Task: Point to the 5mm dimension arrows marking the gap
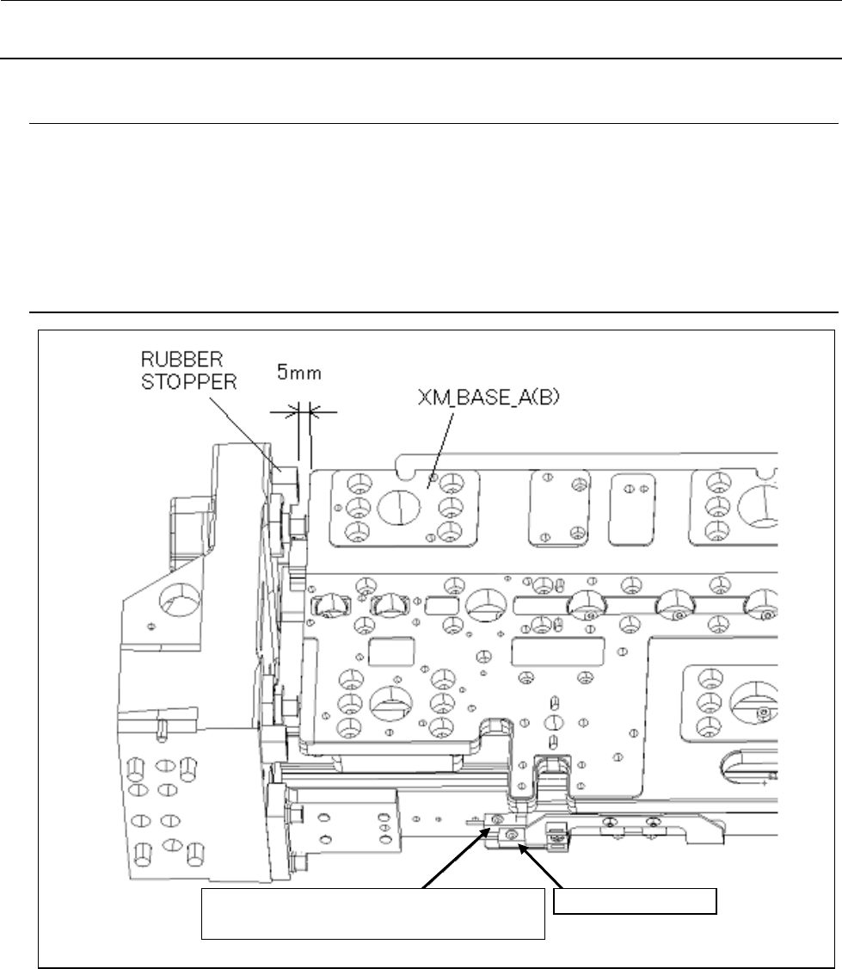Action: coord(305,413)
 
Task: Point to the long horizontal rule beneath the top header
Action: coord(421,59)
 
